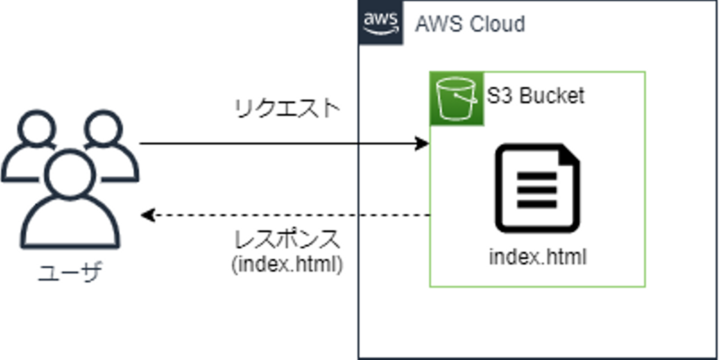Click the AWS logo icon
[381, 23]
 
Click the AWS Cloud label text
[470, 24]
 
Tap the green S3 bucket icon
[456, 98]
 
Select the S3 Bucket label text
[536, 95]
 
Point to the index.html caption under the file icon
[537, 257]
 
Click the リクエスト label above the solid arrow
[287, 108]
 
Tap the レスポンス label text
[287, 239]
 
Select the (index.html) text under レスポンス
[287, 264]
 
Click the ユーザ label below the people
[69, 272]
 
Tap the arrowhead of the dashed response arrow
[147, 215]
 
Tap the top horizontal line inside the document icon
[536, 176]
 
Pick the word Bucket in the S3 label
[552, 95]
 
